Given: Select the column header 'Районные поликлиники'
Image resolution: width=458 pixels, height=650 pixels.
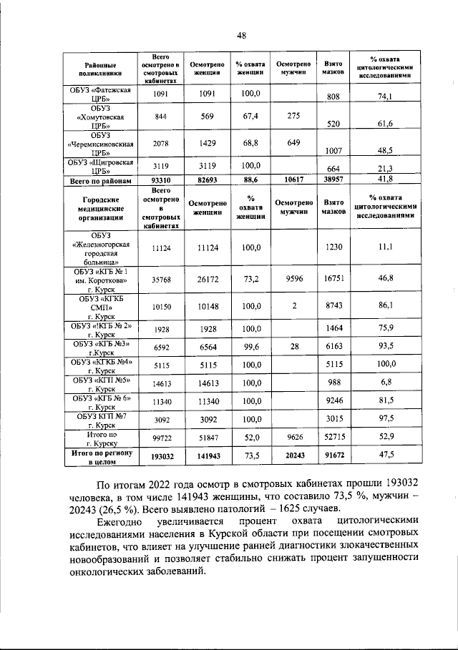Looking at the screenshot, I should click(98, 68).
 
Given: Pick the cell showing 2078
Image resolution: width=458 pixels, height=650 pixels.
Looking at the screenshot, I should click(160, 143).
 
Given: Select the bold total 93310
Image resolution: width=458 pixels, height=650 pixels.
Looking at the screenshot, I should click(160, 180).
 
